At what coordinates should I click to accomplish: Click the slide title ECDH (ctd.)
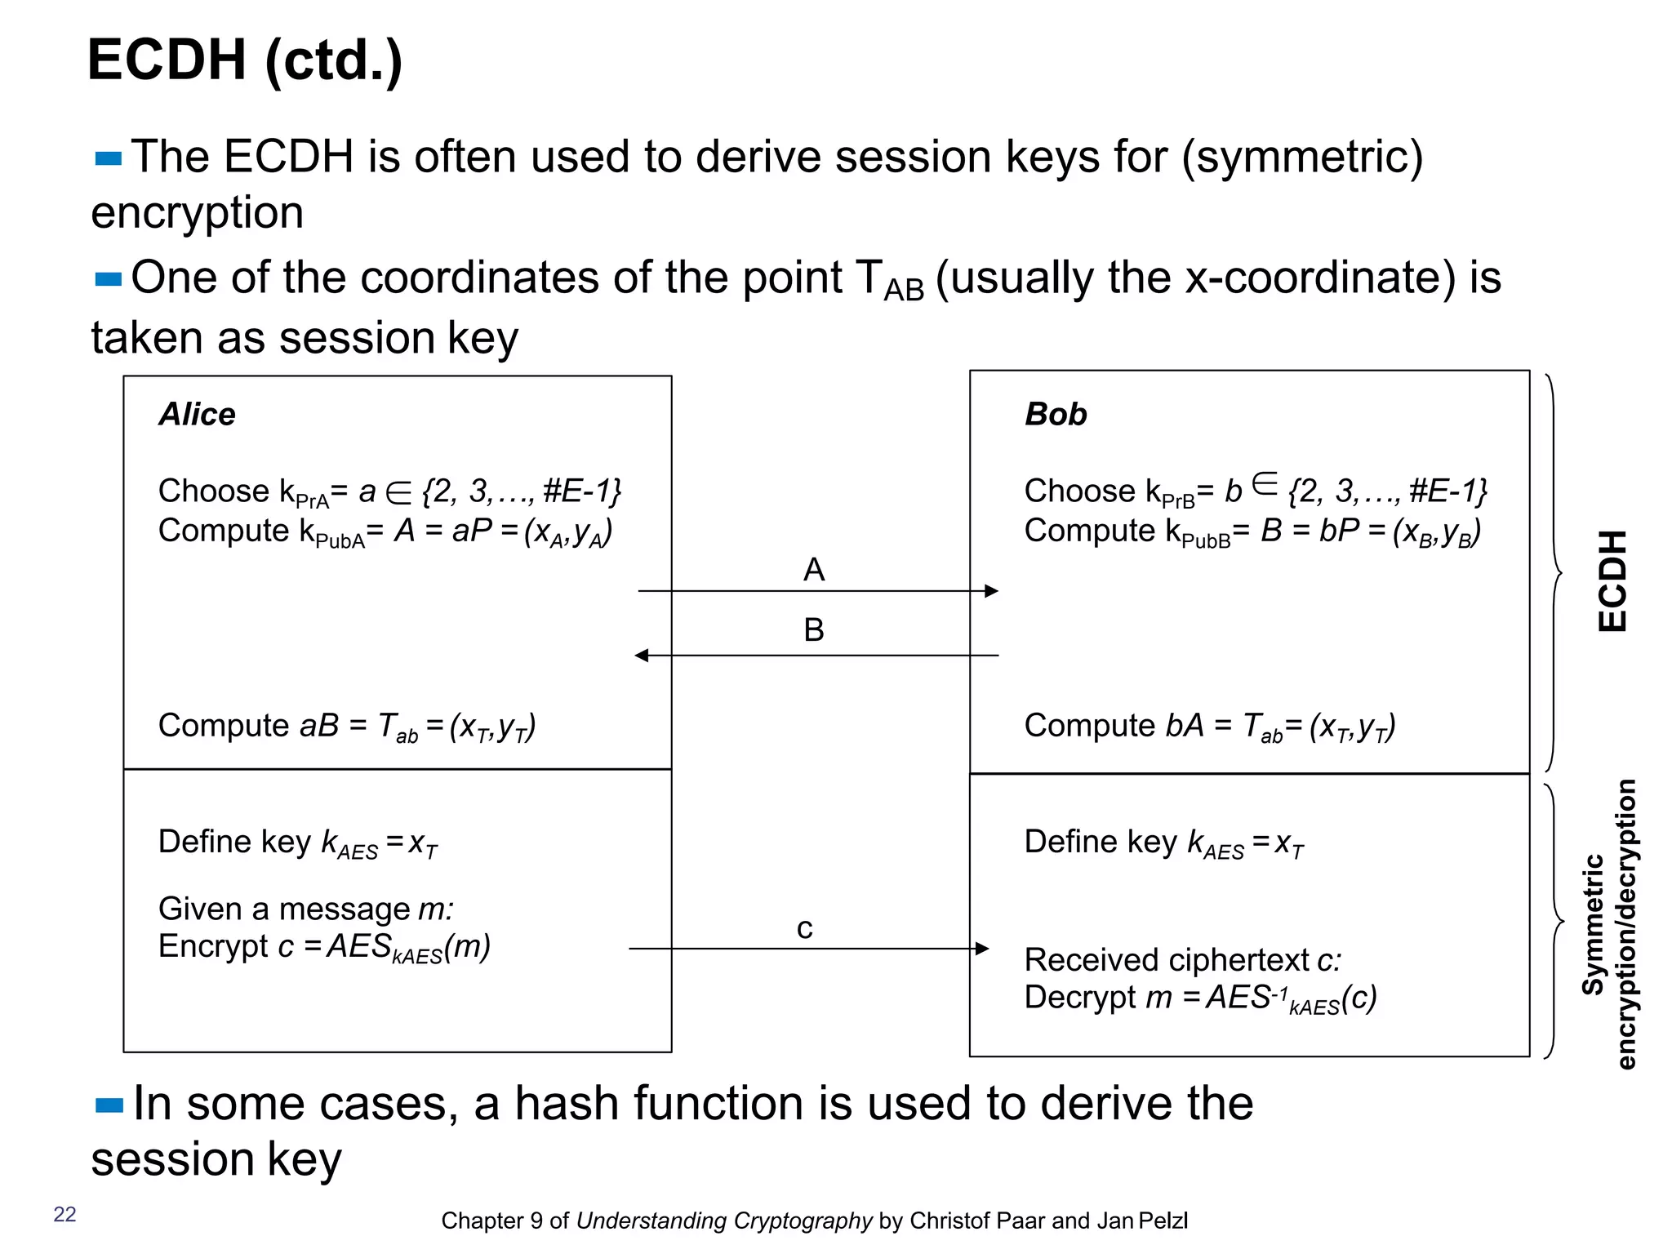coord(245,61)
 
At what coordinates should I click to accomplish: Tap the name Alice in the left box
coord(197,415)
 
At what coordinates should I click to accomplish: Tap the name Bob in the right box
coord(1056,415)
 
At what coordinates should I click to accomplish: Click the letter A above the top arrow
coord(813,570)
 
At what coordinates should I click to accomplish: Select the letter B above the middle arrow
coord(813,630)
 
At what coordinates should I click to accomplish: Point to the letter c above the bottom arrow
coord(805,929)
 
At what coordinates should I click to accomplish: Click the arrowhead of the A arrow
coord(992,591)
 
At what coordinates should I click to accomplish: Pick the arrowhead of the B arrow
coord(642,656)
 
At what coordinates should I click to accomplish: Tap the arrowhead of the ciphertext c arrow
coord(983,949)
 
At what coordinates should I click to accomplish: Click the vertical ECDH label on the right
coord(1612,580)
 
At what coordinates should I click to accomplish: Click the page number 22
coord(64,1214)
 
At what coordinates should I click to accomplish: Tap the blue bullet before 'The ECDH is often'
coord(109,158)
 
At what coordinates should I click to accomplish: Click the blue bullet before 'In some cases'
coord(109,1106)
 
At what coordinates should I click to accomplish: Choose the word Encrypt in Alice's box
coord(212,947)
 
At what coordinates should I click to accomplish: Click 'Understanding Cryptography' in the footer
coord(724,1221)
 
